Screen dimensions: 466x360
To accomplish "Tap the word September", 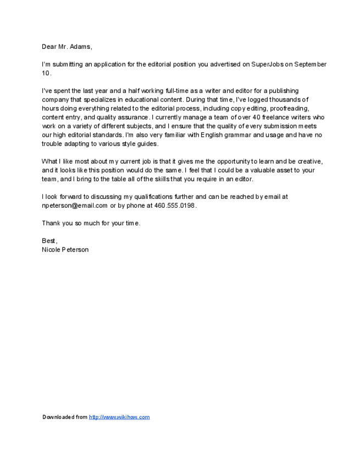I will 311,64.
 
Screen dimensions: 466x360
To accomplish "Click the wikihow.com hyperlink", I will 119,417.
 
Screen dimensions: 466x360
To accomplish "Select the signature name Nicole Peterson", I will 65,249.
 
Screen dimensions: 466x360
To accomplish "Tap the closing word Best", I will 49,241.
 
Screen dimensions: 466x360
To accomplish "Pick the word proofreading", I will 289,109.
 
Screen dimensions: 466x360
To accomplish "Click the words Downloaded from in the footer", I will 65,417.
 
